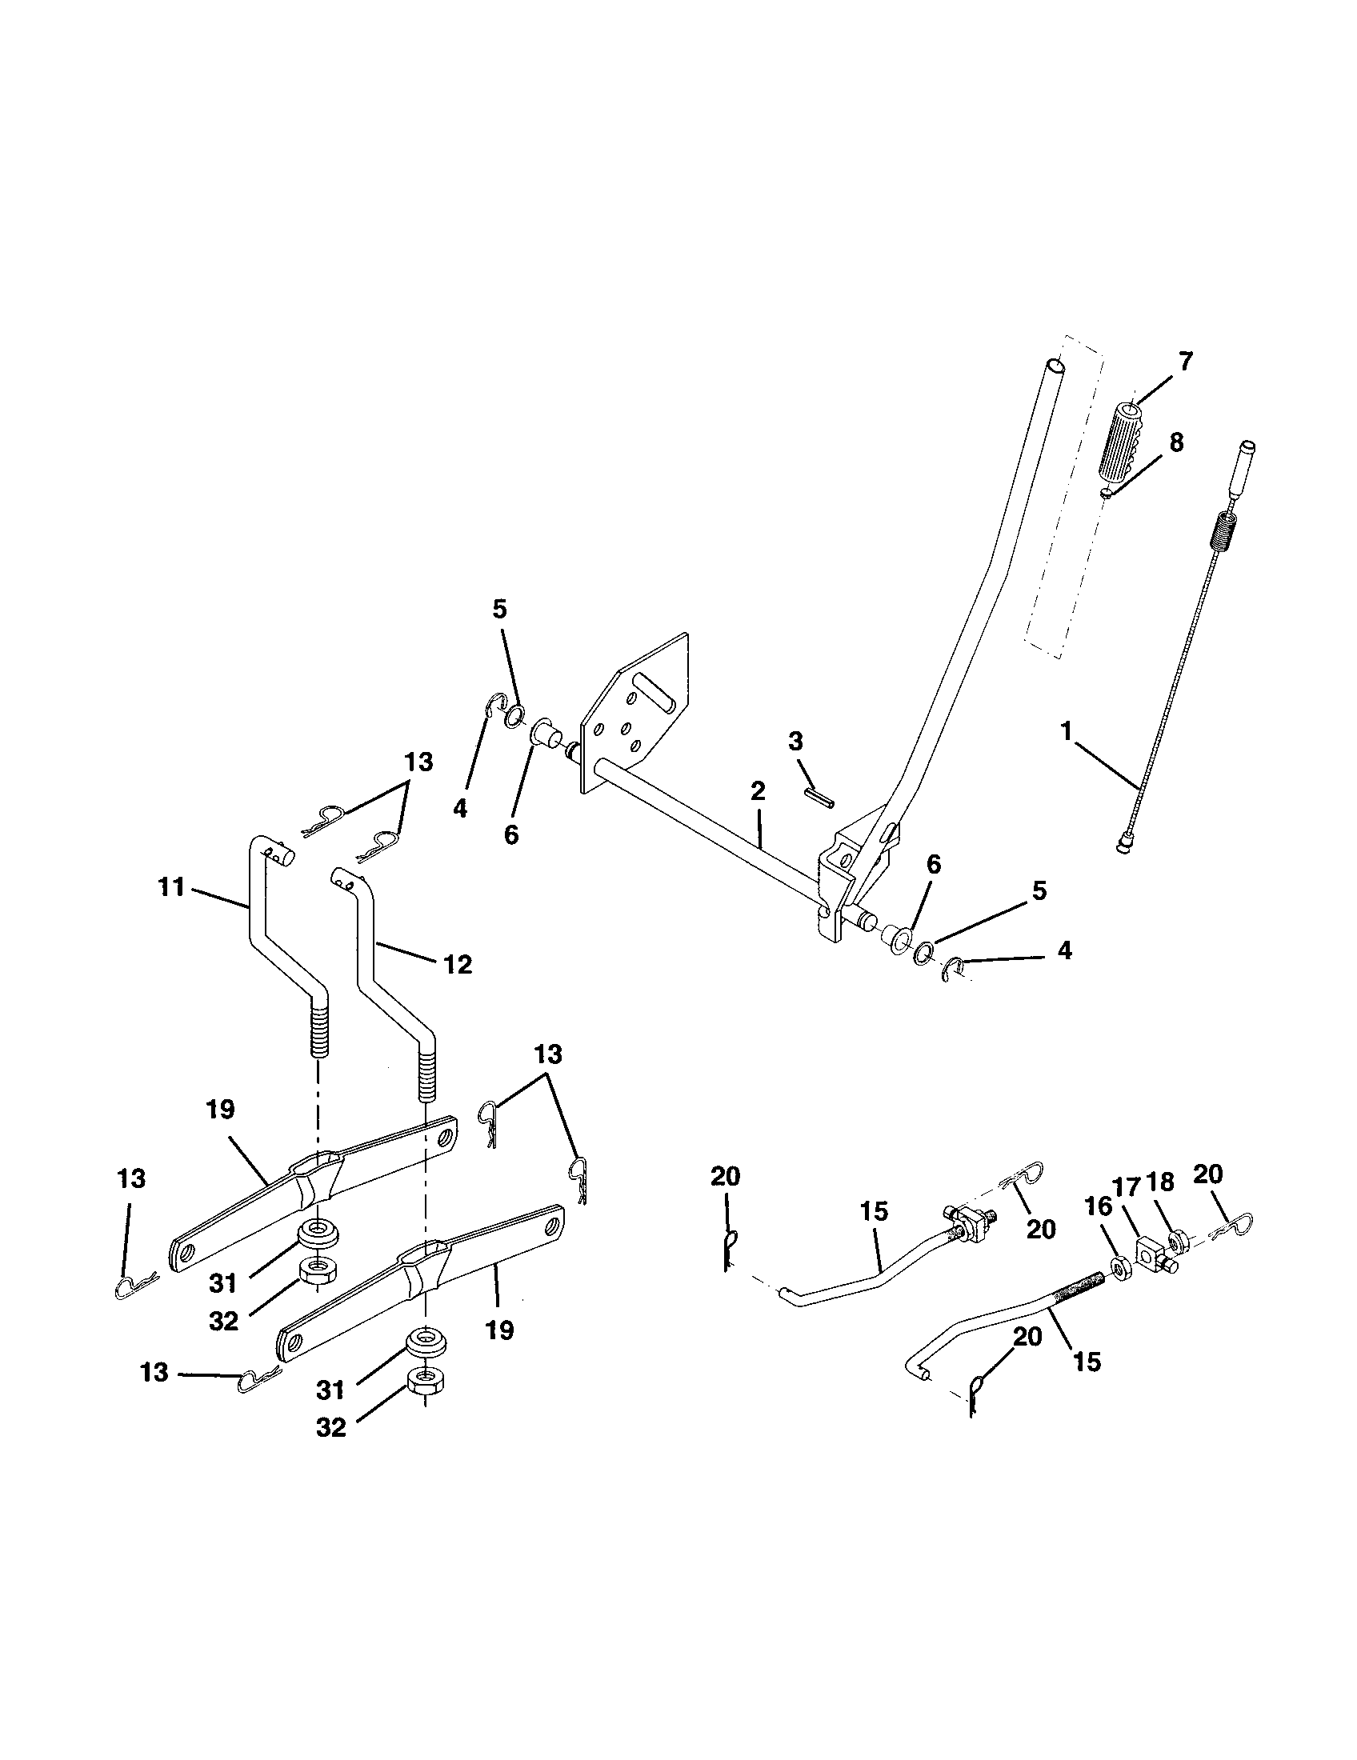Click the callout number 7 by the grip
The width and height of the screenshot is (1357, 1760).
pos(1185,362)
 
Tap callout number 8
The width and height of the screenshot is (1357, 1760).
pos(1176,442)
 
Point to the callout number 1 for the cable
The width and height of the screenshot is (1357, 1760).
pos(1066,733)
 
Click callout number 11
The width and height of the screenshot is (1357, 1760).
pos(172,888)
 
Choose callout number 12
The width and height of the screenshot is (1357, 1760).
pos(458,964)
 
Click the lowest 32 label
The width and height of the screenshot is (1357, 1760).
pos(331,1427)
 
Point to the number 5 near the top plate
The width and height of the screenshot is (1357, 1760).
pos(499,610)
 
